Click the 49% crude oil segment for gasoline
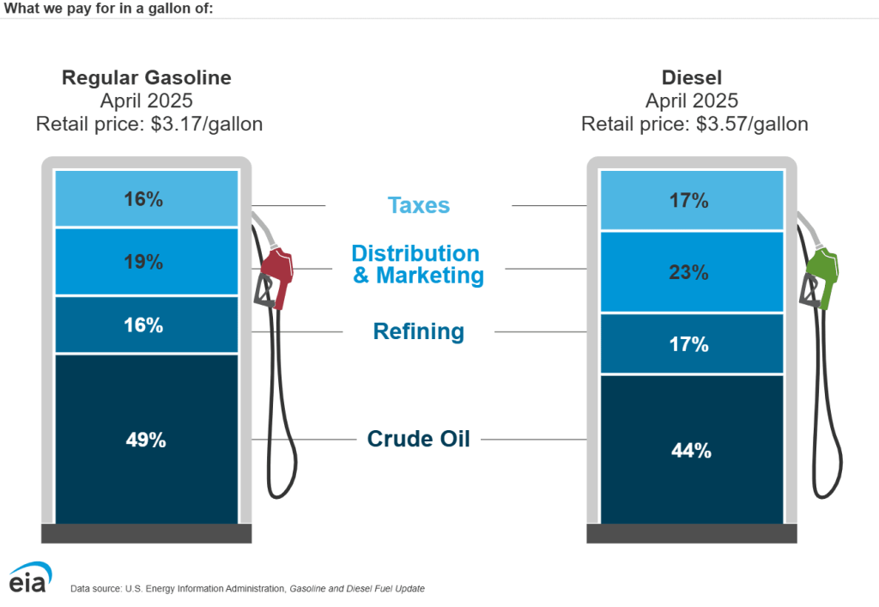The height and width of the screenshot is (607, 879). coord(146,439)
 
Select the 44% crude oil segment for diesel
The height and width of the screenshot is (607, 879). coord(691,449)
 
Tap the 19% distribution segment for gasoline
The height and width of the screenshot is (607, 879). coord(146,262)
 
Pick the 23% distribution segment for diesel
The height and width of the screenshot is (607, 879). coord(691,272)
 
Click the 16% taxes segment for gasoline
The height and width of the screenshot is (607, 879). coord(146,199)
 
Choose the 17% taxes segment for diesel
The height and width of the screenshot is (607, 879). coord(691,201)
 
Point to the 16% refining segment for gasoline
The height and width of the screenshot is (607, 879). coord(146,325)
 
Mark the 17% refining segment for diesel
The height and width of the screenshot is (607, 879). coord(691,344)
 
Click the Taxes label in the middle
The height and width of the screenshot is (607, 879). coord(418,205)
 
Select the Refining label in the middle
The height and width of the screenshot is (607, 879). coord(418,331)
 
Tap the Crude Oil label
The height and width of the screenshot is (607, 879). coord(418,439)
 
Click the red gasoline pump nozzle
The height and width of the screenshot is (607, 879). coord(276,270)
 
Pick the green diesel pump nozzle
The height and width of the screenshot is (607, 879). coord(821,275)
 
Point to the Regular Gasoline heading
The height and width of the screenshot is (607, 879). coord(146,77)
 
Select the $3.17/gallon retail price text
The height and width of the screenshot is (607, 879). coord(206,124)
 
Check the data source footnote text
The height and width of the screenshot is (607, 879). coord(247,588)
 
